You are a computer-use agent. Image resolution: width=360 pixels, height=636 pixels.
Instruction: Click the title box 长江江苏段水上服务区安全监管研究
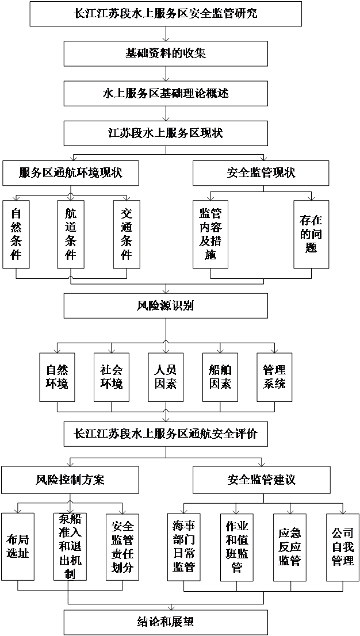(166, 14)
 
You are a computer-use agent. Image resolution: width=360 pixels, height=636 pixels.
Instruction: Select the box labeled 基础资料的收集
(166, 53)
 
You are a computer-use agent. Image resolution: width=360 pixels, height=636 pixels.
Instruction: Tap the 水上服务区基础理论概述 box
(166, 93)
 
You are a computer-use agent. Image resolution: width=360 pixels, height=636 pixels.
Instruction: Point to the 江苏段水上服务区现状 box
(166, 133)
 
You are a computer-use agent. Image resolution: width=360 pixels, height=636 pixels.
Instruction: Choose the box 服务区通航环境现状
(71, 173)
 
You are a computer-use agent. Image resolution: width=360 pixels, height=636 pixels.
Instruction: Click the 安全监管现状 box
(261, 173)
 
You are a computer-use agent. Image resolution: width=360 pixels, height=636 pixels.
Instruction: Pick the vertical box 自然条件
(16, 234)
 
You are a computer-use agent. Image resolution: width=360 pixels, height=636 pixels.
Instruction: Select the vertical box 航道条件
(71, 234)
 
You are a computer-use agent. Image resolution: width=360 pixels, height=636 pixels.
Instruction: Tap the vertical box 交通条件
(127, 234)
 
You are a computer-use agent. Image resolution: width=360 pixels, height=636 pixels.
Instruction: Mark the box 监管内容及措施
(210, 234)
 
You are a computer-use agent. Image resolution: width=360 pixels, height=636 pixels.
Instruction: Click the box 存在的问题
(311, 234)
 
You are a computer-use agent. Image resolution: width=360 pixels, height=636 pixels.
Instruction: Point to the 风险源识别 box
(166, 306)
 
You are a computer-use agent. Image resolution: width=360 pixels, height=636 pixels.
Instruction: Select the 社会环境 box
(111, 377)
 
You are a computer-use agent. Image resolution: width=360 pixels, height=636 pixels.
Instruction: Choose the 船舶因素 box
(220, 377)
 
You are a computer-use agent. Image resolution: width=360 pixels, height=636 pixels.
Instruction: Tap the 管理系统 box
(274, 377)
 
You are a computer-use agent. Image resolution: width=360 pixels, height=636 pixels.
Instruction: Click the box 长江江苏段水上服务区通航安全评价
(166, 434)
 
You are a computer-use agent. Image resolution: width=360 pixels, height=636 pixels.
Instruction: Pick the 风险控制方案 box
(70, 480)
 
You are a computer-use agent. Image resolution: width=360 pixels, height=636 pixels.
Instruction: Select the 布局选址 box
(17, 546)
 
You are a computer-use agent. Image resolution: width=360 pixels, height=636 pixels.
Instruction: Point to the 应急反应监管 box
(290, 546)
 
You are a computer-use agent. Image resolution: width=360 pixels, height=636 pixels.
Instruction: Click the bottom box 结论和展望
(166, 622)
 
